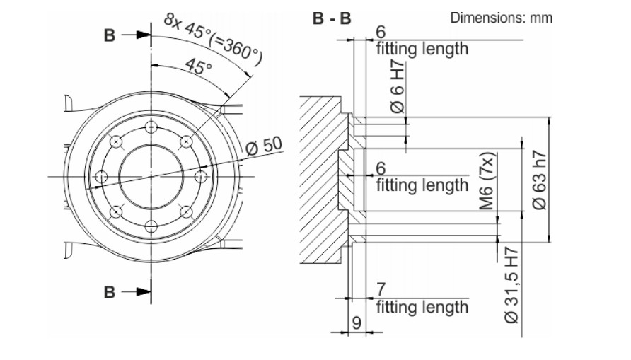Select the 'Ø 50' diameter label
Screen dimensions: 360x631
pos(264,147)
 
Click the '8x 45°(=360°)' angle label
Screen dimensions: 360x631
pos(212,40)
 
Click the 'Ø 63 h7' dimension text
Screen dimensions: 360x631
pos(538,181)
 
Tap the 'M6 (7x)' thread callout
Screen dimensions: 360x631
pos(485,182)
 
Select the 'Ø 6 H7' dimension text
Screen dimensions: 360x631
pos(398,88)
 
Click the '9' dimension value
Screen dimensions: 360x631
pos(357,323)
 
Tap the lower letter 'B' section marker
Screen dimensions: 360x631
pos(109,291)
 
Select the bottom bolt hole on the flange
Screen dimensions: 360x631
pos(150,226)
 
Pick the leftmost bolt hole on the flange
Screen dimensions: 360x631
pos(101,176)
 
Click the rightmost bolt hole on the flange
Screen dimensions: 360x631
pos(200,176)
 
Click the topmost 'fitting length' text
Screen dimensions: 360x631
pos(422,49)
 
